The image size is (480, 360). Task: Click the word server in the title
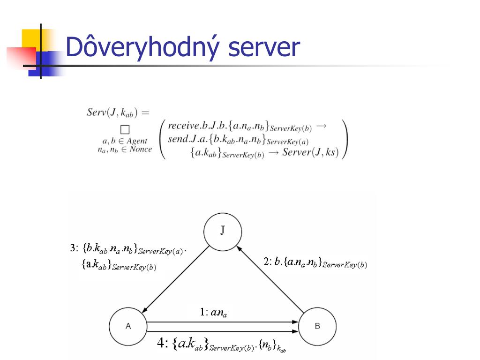pyautogui.click(x=264, y=48)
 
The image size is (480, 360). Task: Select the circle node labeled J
pyautogui.click(x=223, y=231)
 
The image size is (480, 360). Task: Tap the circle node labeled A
pyautogui.click(x=128, y=327)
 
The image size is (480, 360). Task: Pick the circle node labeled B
pyautogui.click(x=317, y=327)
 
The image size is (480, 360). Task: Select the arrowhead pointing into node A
pyautogui.click(x=144, y=311)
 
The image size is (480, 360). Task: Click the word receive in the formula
pyautogui.click(x=184, y=126)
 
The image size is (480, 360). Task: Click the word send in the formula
pyautogui.click(x=178, y=139)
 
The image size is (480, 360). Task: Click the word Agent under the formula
pyautogui.click(x=137, y=141)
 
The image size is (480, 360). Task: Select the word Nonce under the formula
pyautogui.click(x=141, y=150)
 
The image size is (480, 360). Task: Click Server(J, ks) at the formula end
pyautogui.click(x=310, y=153)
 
